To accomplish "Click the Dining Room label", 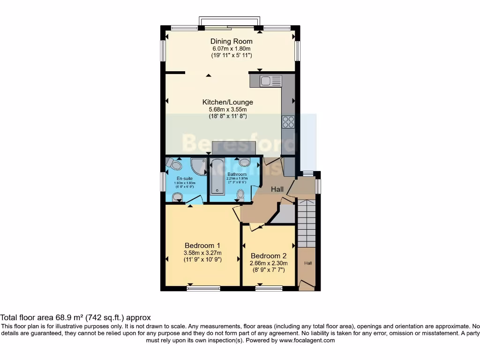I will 231,41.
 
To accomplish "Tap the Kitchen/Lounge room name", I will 227,102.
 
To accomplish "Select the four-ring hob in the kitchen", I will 288,121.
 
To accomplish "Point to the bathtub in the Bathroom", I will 217,177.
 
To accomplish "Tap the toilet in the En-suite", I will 175,164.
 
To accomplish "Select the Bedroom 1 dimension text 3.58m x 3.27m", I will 202,253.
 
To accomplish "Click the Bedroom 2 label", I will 269,256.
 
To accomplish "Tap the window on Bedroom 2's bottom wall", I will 269,288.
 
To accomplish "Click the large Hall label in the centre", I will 278,189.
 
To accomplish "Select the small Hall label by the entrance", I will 308,263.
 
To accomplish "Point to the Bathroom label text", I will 237,174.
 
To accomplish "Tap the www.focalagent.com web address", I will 307,340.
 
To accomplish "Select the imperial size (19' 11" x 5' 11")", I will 231,55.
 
